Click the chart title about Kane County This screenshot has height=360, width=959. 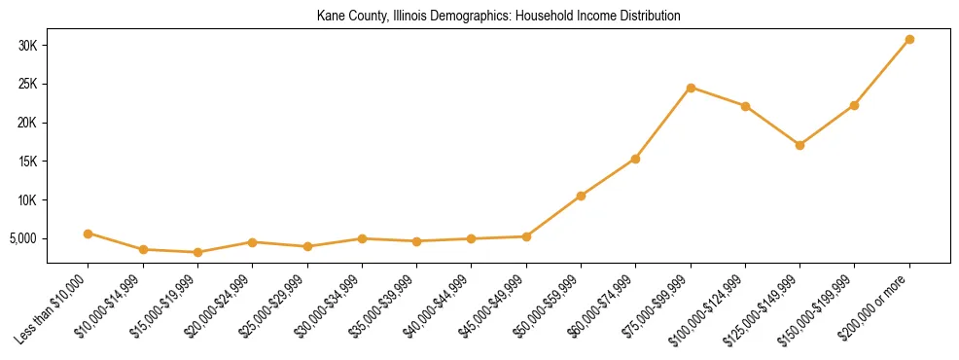[498, 17]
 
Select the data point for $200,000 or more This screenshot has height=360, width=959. [909, 40]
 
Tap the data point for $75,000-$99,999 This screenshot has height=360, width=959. [691, 88]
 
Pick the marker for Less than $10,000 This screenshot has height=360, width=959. [88, 234]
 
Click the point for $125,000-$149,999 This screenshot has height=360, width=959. [799, 145]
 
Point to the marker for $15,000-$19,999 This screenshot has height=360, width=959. [197, 252]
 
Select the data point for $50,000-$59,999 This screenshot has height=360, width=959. [581, 196]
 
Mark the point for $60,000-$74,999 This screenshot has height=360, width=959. [635, 159]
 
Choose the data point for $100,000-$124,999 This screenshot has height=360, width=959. [745, 106]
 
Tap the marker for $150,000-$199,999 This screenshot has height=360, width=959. [854, 105]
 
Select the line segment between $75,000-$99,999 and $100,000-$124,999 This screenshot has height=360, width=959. [718, 97]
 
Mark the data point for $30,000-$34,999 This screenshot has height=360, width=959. [362, 238]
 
